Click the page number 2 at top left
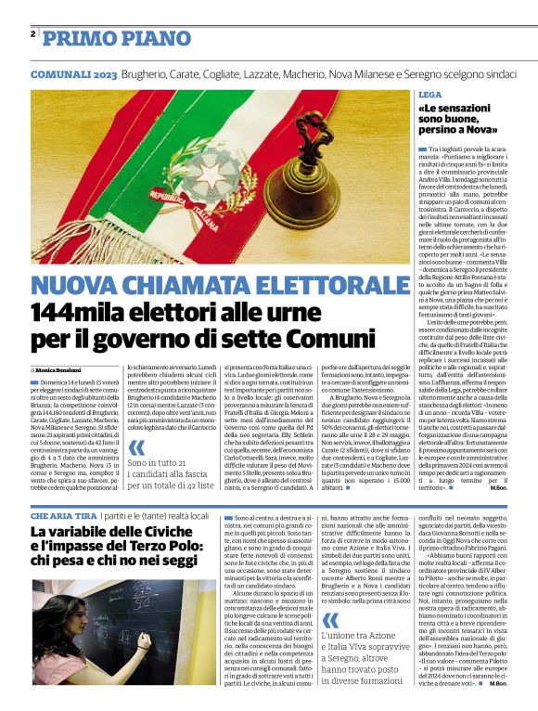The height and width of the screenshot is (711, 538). point(32,33)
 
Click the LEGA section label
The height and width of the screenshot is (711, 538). point(429,96)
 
